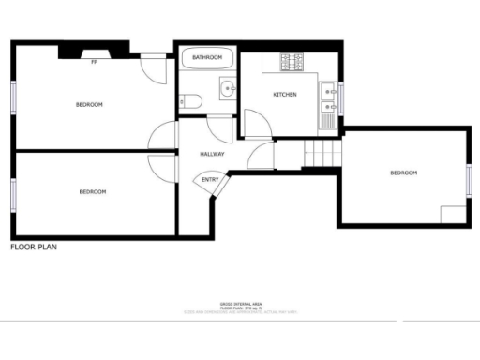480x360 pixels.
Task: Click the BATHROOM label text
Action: tap(207, 58)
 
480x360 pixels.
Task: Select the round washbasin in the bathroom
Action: tap(226, 90)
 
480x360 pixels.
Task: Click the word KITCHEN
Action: tap(285, 96)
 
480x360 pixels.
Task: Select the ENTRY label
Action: tap(210, 180)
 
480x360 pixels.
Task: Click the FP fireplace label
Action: tap(95, 62)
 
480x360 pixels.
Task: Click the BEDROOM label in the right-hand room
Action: tap(403, 172)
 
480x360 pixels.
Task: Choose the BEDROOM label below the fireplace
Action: tap(89, 104)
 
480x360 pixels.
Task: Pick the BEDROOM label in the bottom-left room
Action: tap(92, 192)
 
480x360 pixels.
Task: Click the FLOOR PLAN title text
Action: tap(36, 247)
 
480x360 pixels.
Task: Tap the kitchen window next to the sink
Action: tap(340, 97)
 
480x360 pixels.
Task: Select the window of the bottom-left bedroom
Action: tap(13, 194)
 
